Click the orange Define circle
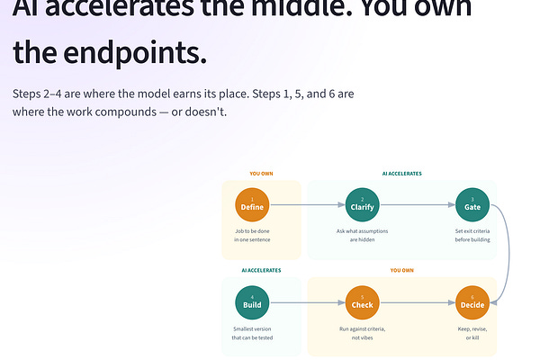tap(253, 205)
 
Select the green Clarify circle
tap(362, 205)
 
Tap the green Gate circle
tap(472, 205)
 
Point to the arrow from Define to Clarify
tap(307, 205)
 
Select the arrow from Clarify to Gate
tap(417, 205)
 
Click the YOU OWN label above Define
tap(261, 174)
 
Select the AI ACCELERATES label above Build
tap(261, 270)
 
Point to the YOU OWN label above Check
tap(401, 270)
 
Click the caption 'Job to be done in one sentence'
tap(253, 236)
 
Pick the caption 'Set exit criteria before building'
tap(472, 236)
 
